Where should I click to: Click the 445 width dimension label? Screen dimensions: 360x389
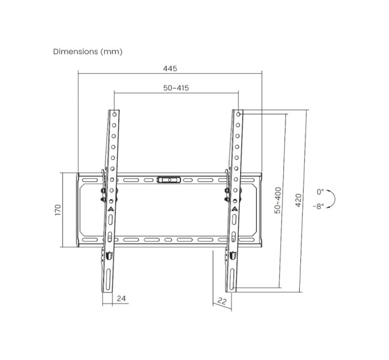[x=169, y=69]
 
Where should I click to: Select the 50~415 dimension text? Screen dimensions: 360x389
[x=176, y=87]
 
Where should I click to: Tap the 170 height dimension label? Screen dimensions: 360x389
[x=57, y=210]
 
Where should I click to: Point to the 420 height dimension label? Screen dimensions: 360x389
[x=299, y=201]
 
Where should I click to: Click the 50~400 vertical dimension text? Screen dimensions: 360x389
[x=277, y=201]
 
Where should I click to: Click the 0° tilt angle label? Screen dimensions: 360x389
[x=320, y=192]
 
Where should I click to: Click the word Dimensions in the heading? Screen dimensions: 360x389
[x=76, y=51]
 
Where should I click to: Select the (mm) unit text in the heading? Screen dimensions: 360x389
[x=112, y=51]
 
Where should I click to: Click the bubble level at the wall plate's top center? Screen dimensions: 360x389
[x=169, y=179]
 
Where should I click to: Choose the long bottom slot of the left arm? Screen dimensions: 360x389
[x=109, y=280]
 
